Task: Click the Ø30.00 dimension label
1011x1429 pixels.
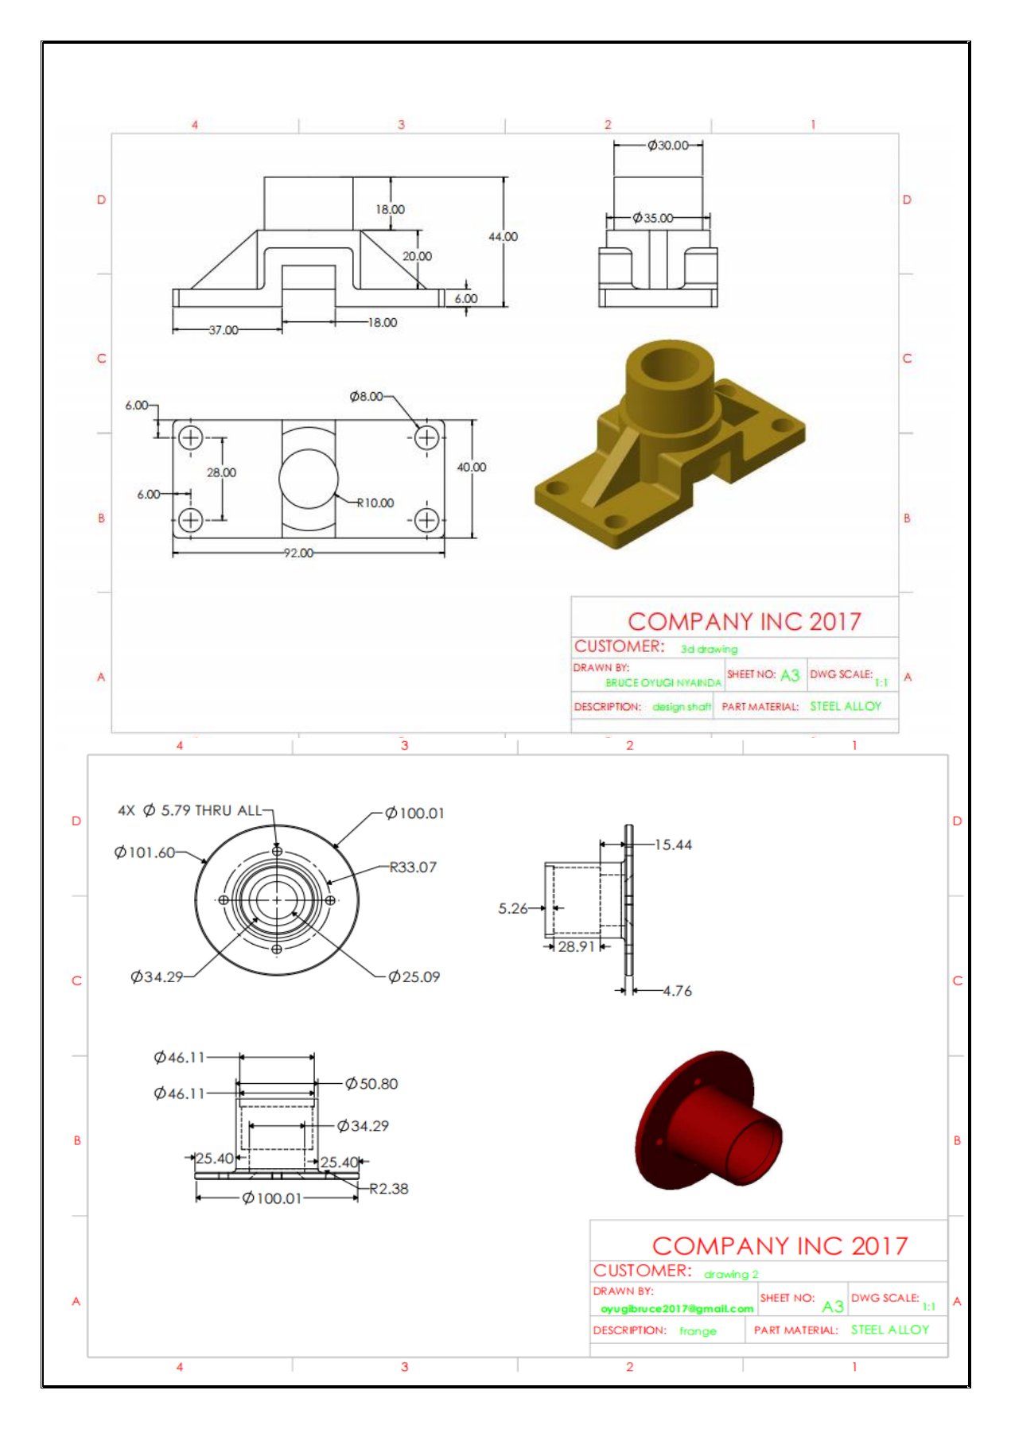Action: coord(667,146)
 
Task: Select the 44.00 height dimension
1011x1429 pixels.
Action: coord(503,236)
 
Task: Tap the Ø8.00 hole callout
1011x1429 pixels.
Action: coord(366,396)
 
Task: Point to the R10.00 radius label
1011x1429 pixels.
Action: coord(375,503)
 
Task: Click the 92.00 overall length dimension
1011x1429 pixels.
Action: coord(298,553)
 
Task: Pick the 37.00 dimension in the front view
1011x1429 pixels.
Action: coord(223,329)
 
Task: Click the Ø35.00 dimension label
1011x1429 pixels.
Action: coord(652,218)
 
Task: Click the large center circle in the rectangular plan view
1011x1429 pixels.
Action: coord(309,479)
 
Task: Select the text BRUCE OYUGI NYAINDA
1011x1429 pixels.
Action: coord(663,682)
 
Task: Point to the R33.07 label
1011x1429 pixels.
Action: coord(412,867)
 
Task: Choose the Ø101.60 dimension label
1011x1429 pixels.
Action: coord(144,852)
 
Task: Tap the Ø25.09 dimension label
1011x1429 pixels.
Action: coord(414,977)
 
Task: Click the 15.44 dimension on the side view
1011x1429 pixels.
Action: coord(672,845)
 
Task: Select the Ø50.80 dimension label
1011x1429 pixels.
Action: coord(371,1084)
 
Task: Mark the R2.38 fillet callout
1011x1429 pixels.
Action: coord(388,1189)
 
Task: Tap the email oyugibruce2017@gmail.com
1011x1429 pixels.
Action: coord(677,1308)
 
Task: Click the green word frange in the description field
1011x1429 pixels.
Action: coord(698,1330)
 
